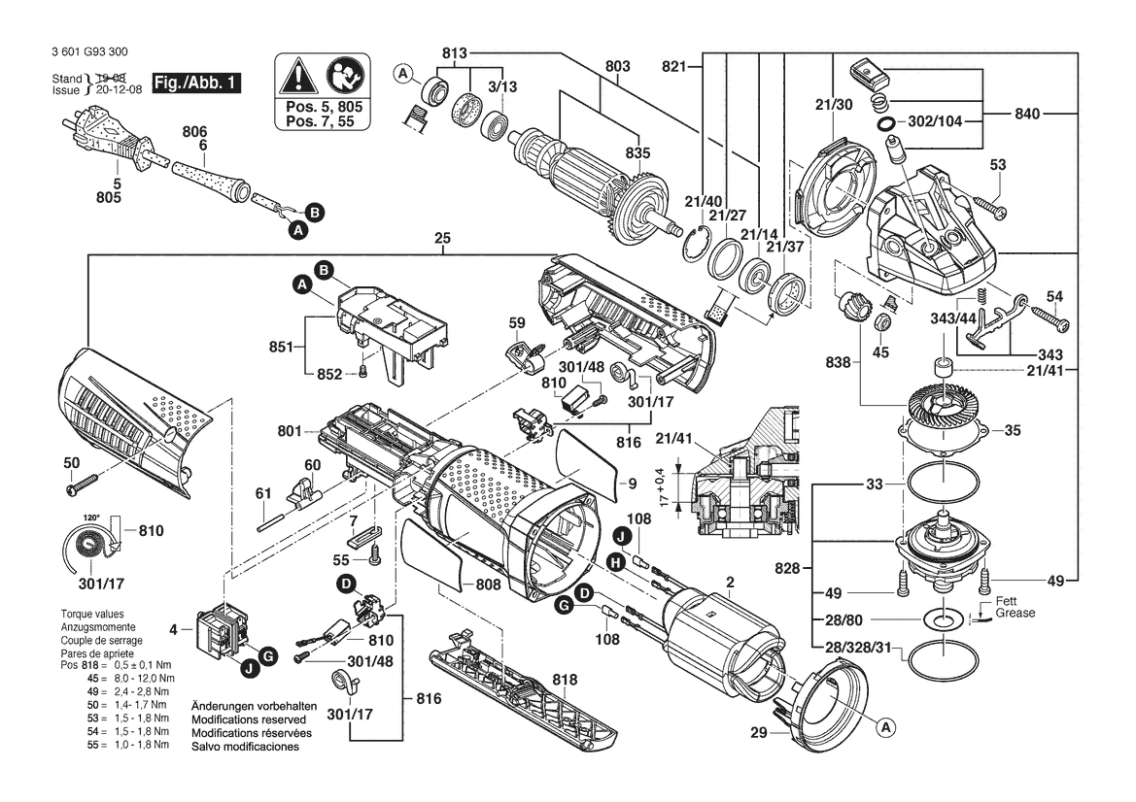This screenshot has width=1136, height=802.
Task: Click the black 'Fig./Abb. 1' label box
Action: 196,83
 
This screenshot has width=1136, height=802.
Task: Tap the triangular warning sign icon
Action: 294,76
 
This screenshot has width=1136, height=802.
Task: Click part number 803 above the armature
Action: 617,67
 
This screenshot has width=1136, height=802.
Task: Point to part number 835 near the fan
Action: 638,153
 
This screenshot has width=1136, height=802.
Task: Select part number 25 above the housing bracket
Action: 443,238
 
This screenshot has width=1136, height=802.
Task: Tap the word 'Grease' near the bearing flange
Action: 1015,613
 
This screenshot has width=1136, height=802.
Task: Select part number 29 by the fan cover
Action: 759,732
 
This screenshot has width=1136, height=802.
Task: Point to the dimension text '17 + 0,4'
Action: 665,486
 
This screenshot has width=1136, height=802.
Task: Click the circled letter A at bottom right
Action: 884,726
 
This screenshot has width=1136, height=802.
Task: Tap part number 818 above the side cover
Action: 565,679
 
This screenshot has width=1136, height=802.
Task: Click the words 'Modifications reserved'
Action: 249,719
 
